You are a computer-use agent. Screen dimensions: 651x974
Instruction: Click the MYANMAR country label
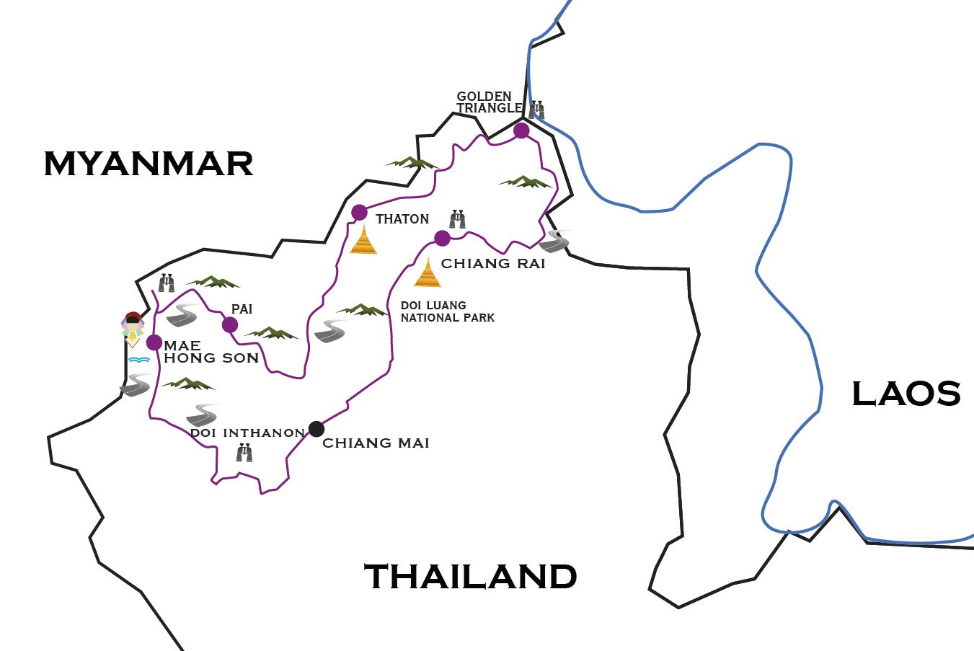click(149, 164)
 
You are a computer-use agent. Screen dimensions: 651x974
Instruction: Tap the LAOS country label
click(906, 394)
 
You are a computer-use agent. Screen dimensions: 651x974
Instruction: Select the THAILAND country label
click(471, 577)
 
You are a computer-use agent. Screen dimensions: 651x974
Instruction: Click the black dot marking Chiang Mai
click(316, 429)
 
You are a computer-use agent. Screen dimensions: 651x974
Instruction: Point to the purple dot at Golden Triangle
click(521, 130)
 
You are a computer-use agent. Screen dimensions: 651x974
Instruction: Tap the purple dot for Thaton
click(359, 213)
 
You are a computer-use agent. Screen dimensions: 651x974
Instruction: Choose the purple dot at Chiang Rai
click(442, 238)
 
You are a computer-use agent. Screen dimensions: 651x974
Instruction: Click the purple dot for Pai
click(230, 325)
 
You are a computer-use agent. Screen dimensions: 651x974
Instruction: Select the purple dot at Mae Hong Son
click(154, 342)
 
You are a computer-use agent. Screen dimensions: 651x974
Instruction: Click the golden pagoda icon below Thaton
click(363, 240)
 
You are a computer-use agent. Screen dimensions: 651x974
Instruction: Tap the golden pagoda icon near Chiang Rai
click(428, 273)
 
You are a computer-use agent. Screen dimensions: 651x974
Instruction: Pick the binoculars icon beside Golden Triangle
click(536, 110)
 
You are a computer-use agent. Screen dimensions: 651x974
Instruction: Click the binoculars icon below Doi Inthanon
click(244, 453)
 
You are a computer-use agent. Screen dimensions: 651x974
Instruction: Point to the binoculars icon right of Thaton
click(457, 219)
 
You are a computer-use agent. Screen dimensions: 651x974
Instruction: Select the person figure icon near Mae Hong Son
click(133, 329)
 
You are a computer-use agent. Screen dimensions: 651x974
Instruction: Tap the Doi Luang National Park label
click(447, 311)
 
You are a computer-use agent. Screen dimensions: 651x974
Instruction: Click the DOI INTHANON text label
click(247, 433)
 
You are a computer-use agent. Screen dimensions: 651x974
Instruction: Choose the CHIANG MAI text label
click(376, 443)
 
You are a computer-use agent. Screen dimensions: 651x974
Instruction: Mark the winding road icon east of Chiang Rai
click(554, 242)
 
